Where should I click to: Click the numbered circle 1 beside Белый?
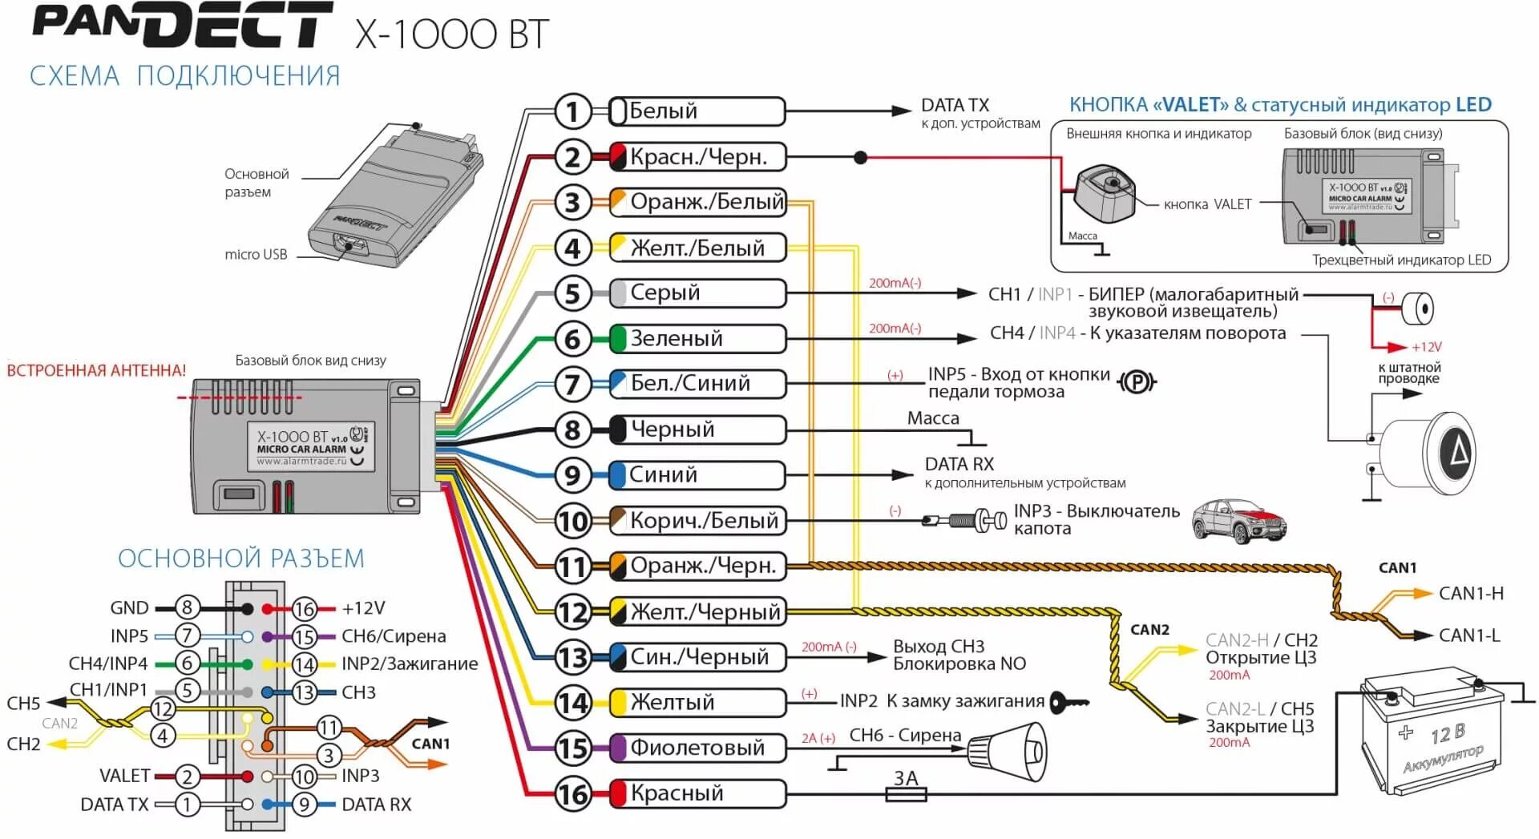[572, 111]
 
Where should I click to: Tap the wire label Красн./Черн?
[697, 157]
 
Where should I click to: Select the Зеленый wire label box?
[697, 339]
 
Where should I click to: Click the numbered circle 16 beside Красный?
[572, 794]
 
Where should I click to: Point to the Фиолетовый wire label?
[697, 748]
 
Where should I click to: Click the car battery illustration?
[1432, 733]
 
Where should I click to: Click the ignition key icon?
[1068, 703]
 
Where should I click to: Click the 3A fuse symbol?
[906, 793]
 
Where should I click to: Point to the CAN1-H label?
[1471, 594]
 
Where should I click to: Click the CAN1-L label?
[1469, 635]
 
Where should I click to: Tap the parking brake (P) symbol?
[1137, 383]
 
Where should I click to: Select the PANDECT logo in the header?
[181, 28]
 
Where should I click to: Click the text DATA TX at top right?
[955, 105]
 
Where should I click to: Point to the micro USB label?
[256, 255]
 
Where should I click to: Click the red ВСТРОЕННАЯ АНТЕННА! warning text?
[96, 371]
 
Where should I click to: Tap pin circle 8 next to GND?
[187, 608]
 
